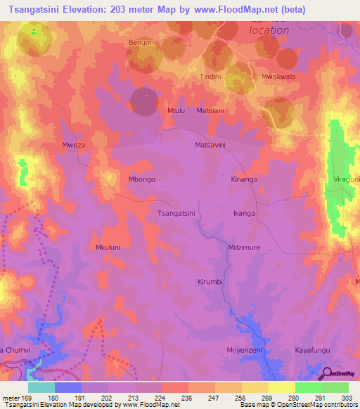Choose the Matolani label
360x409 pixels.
point(210,110)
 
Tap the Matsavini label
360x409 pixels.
point(210,145)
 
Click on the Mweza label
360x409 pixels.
point(74,146)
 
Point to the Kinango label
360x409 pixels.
point(245,179)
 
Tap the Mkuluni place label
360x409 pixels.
point(108,247)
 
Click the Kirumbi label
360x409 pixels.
point(210,281)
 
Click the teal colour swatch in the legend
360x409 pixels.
point(41,387)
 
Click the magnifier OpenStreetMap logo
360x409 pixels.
point(327,373)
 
